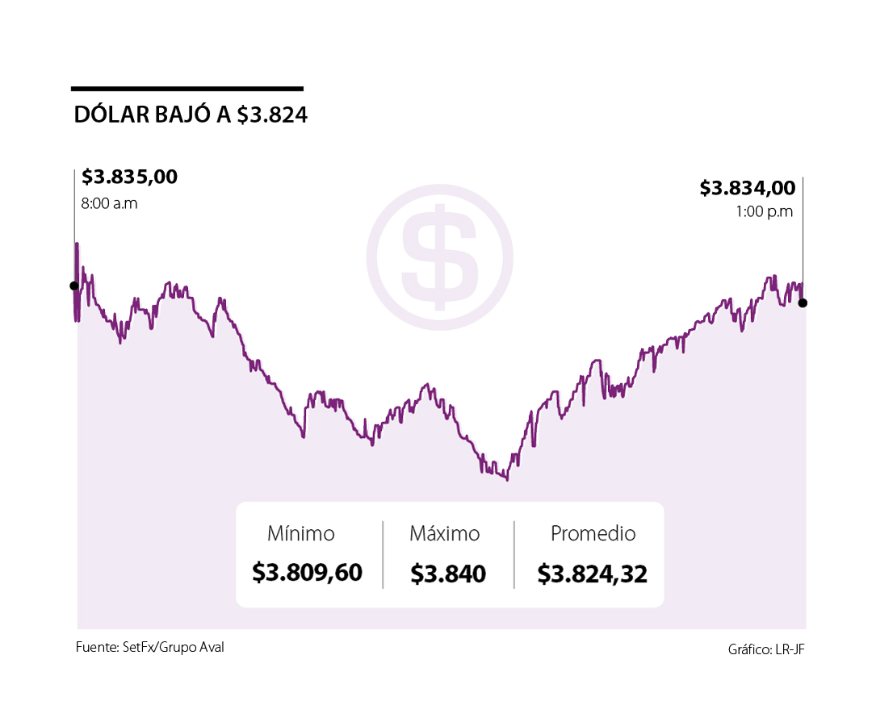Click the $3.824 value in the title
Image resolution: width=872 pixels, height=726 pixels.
click(272, 115)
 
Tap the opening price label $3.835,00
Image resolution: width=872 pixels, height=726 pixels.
click(129, 177)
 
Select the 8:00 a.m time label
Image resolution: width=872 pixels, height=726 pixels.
click(109, 203)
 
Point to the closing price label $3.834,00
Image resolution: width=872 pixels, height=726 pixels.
click(747, 188)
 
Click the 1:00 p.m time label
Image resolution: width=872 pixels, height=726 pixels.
click(764, 212)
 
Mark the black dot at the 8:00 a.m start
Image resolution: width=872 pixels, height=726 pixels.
click(74, 286)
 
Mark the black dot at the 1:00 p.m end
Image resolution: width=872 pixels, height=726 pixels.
click(802, 302)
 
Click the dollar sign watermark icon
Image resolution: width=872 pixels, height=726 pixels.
click(439, 257)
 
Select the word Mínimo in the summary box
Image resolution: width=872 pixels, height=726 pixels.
click(300, 534)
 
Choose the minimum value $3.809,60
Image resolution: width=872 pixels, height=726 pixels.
click(307, 573)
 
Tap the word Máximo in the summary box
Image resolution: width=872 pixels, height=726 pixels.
click(444, 534)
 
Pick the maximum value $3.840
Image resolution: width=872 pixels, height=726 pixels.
click(448, 574)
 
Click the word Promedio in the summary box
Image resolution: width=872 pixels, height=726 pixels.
click(593, 534)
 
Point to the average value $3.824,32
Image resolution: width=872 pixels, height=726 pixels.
click(592, 574)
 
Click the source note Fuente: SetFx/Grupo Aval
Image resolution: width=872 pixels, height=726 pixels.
click(149, 647)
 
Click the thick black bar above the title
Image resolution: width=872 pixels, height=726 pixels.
click(187, 89)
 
